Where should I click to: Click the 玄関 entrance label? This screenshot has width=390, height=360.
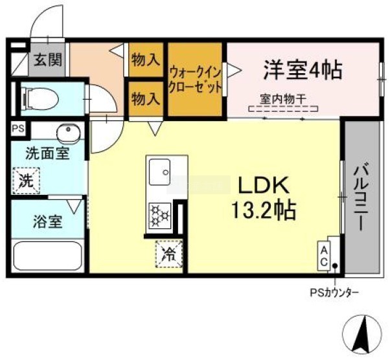coord(48,60)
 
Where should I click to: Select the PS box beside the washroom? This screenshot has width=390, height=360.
coord(18,129)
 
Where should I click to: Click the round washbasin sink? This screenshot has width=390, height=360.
coord(69,133)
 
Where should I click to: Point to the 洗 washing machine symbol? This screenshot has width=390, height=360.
coord(27,181)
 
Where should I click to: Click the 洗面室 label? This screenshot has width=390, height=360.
coord(48,153)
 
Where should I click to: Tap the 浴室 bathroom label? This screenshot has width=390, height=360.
coord(48,221)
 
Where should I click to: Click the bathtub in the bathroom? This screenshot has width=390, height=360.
coord(48,256)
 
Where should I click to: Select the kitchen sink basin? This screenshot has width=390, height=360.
coord(159,172)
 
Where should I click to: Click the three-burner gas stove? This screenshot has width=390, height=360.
coord(159,216)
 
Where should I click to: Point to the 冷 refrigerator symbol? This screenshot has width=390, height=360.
coord(169,254)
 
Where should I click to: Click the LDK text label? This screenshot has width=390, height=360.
coord(264,185)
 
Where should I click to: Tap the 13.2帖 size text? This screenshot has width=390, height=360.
coord(264,210)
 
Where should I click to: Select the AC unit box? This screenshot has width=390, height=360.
coord(323,256)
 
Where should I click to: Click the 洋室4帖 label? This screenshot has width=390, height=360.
coord(303,70)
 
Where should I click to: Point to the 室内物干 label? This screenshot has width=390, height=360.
coord(283,100)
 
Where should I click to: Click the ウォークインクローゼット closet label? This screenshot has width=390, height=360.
coord(195,80)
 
